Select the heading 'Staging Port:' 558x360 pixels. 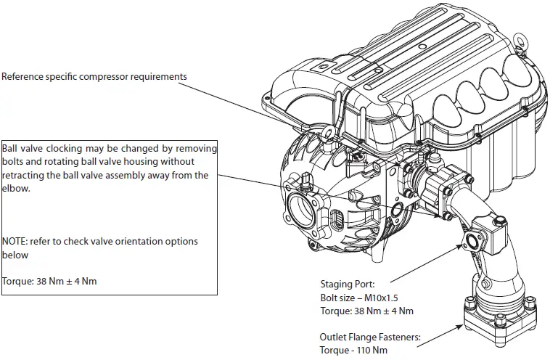pos(348,285)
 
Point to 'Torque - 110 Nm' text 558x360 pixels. pos(355,350)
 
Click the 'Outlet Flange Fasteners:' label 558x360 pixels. pos(370,337)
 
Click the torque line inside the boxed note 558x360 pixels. pos(49,282)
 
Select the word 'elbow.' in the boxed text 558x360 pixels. pos(16,188)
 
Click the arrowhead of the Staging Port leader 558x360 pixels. pos(459,247)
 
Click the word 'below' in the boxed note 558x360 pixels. pos(16,255)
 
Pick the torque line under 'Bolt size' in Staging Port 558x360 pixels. pos(366,311)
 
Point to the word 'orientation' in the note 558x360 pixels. pos(135,242)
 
